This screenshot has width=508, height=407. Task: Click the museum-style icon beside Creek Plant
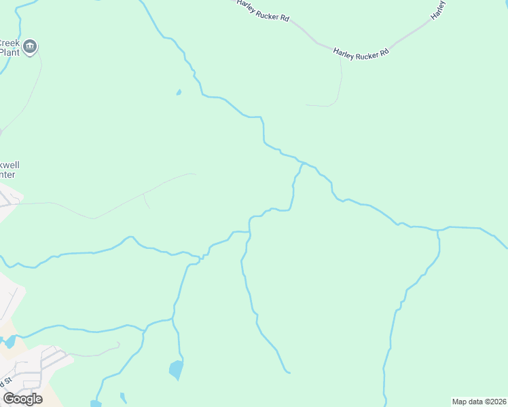click(30, 47)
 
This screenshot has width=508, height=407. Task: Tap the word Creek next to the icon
click(9, 43)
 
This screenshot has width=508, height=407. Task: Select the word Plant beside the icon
click(9, 52)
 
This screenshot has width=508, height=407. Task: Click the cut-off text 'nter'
click(7, 175)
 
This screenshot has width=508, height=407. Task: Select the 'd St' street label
click(7, 381)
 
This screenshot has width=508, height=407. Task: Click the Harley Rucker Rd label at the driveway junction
click(361, 52)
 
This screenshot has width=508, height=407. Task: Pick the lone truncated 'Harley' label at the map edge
click(439, 8)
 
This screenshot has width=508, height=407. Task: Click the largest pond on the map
click(176, 370)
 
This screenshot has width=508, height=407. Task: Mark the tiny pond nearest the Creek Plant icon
click(179, 92)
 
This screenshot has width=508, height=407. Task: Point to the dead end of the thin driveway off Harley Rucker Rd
click(307, 105)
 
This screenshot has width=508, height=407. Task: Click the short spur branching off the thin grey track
click(146, 201)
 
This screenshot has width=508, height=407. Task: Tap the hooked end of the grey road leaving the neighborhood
click(118, 344)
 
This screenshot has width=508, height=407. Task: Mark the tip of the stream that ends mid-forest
click(289, 372)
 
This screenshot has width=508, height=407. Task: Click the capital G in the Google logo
click(9, 398)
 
